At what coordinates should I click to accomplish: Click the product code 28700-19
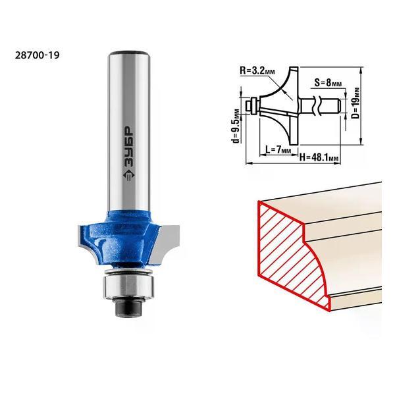point(38,55)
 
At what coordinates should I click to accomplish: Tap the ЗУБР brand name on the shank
point(129,145)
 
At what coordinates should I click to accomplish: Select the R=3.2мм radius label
point(257,70)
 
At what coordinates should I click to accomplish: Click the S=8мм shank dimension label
point(328,82)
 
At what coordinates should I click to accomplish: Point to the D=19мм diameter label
point(355,103)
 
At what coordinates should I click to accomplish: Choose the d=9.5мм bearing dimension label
point(236,126)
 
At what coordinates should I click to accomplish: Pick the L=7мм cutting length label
point(278,150)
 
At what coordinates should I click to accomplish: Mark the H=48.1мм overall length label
point(319,158)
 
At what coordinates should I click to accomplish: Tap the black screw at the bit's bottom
point(128,307)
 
